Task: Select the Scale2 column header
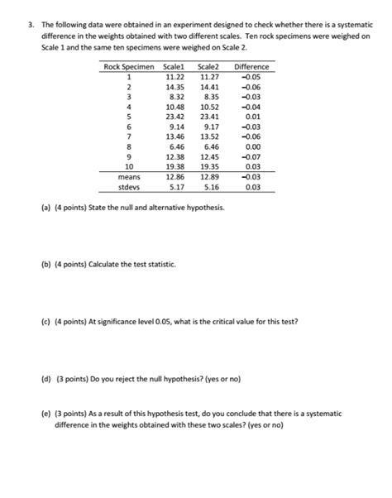click(x=210, y=66)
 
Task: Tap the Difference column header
click(x=251, y=66)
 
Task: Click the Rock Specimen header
click(x=128, y=66)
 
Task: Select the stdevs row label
click(x=128, y=187)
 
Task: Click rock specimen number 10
click(x=128, y=166)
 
